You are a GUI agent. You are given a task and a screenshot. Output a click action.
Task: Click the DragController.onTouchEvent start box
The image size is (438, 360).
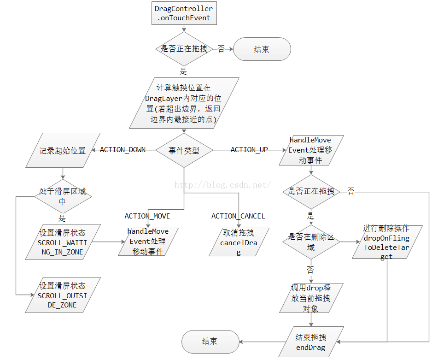184,13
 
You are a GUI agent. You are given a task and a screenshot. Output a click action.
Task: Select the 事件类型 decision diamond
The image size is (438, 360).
184,151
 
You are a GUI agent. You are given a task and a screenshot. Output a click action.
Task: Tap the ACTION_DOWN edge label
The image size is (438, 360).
123,150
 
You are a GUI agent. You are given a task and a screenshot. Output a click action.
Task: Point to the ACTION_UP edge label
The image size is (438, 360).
249,150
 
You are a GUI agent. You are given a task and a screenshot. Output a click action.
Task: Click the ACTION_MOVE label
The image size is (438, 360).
147,216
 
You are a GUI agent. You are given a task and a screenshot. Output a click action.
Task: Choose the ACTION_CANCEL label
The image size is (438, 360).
238,216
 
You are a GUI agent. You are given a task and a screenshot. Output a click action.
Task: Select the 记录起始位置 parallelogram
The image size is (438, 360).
63,150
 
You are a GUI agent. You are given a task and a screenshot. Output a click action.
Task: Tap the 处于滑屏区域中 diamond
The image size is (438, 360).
63,196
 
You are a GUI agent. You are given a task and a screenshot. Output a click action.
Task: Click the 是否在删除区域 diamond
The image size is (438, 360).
311,242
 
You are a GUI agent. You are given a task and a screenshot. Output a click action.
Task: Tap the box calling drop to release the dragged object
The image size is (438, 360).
311,298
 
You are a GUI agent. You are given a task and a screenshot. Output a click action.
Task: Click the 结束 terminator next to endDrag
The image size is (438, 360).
210,342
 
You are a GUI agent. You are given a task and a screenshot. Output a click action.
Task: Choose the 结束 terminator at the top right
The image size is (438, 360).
262,49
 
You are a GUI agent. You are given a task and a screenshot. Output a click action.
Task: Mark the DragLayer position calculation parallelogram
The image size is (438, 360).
184,103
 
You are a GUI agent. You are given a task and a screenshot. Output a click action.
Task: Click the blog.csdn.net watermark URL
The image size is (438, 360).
222,185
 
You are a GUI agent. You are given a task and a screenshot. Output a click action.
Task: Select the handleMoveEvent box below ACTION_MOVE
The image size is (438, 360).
148,242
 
